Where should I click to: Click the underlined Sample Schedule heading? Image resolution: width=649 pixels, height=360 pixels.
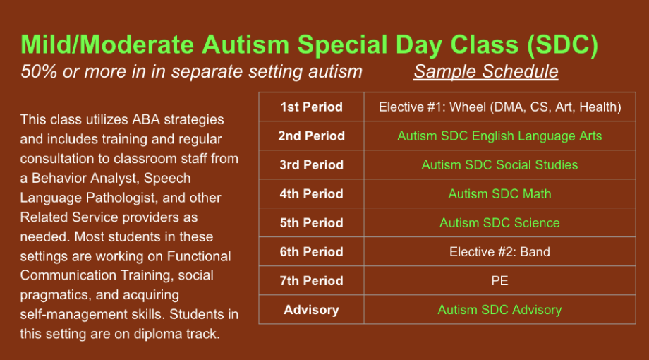point(486,71)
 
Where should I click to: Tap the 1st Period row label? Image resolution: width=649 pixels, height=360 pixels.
point(311,107)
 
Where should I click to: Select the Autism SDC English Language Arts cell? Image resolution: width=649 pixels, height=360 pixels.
point(499,136)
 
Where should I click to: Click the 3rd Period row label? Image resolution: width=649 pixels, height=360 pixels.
point(311,165)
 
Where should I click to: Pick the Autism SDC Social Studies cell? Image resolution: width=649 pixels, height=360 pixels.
point(499,165)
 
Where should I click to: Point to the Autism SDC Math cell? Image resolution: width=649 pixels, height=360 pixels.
point(499,194)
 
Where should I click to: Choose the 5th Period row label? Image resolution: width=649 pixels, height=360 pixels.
point(311,223)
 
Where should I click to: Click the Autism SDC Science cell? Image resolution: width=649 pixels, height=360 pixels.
point(499,223)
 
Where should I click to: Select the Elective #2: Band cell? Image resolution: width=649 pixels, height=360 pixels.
point(499,252)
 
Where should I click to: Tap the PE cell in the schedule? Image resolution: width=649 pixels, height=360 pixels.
point(499,281)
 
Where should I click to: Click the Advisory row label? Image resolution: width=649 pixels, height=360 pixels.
point(311,310)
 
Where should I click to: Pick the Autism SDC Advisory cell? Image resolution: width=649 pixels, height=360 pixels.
point(499,310)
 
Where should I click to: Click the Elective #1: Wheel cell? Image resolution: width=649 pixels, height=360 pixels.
point(499,107)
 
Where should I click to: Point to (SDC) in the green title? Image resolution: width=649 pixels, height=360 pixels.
point(563,44)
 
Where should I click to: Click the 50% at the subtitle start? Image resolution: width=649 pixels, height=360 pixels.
point(39,71)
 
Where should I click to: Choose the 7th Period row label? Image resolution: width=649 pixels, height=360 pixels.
point(311,281)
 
